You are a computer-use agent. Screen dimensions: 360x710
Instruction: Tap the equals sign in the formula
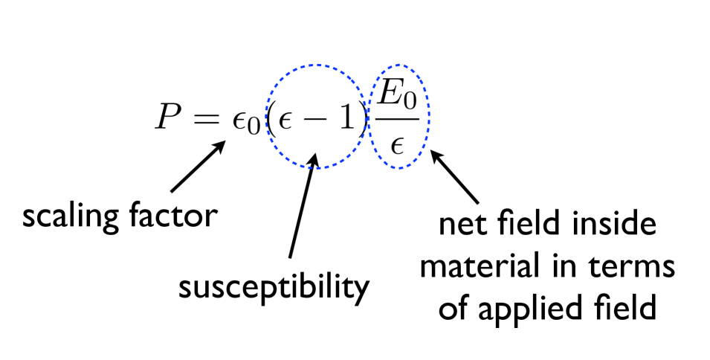point(207,119)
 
